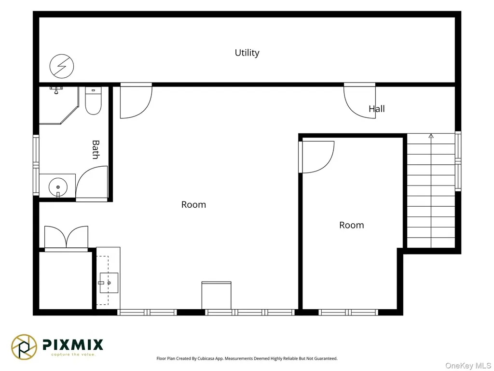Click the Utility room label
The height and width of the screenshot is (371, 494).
[247, 53]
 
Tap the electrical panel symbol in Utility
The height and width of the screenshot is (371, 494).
[62, 66]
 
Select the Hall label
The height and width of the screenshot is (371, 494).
[377, 109]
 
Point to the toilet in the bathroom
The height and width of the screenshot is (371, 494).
[93, 100]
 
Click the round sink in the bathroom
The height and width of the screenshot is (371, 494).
[58, 187]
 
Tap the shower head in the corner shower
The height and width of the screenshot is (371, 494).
[56, 90]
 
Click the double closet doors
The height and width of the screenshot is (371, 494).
[66, 237]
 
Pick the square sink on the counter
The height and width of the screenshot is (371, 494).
[109, 283]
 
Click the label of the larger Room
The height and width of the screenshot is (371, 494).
[193, 205]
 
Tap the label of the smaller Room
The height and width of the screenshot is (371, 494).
[352, 225]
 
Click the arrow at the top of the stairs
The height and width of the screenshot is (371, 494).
[431, 136]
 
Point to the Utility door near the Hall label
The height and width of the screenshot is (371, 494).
[359, 100]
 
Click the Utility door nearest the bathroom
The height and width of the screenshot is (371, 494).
[136, 100]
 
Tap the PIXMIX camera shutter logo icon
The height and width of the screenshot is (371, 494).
[24, 347]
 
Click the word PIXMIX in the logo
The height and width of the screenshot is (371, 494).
[73, 344]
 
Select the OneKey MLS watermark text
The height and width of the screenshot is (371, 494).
[468, 366]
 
